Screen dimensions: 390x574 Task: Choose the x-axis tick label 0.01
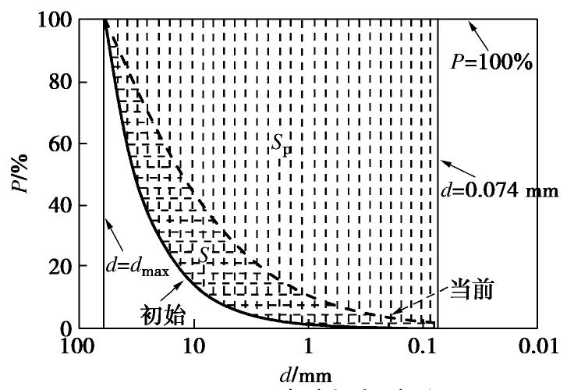(x=537, y=346)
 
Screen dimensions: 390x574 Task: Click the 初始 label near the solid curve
(x=164, y=314)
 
